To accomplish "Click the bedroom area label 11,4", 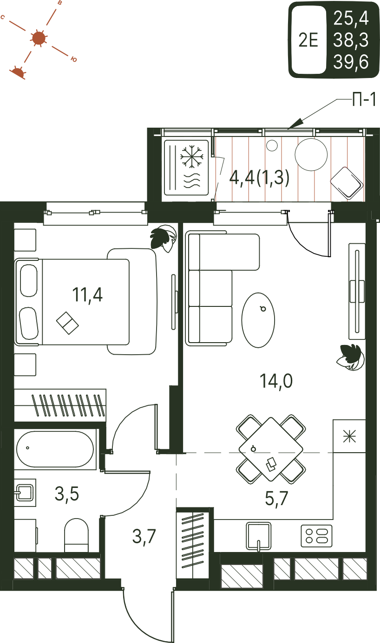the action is pos(87,294).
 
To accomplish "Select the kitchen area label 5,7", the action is pos(276,499).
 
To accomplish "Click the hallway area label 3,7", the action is pos(144,536).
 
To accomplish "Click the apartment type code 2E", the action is pos(308,40).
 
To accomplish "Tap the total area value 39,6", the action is pos(351,62).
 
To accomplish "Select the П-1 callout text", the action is pos(364,100).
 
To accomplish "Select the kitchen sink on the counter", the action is pos(258,535).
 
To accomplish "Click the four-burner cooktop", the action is pos(316,536).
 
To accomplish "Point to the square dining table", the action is pos(270,449).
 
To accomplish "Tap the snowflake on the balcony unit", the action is pos(191,156).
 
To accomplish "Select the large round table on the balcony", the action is pos(311,155).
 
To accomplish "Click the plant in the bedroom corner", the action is pos(163,239).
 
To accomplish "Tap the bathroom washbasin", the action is pos(25,492).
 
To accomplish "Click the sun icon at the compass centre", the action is pos(38,38).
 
